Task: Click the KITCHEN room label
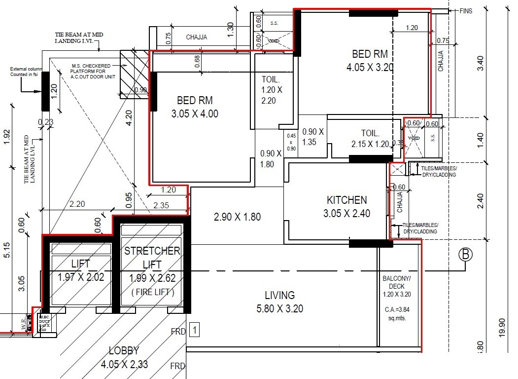(x=346, y=200)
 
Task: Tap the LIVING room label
(x=279, y=295)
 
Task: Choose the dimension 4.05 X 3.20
(x=370, y=68)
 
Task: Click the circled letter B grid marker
(x=465, y=255)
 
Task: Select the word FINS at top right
(x=465, y=11)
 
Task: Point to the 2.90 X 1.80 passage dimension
(x=237, y=216)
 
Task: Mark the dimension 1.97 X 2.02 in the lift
(x=81, y=277)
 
